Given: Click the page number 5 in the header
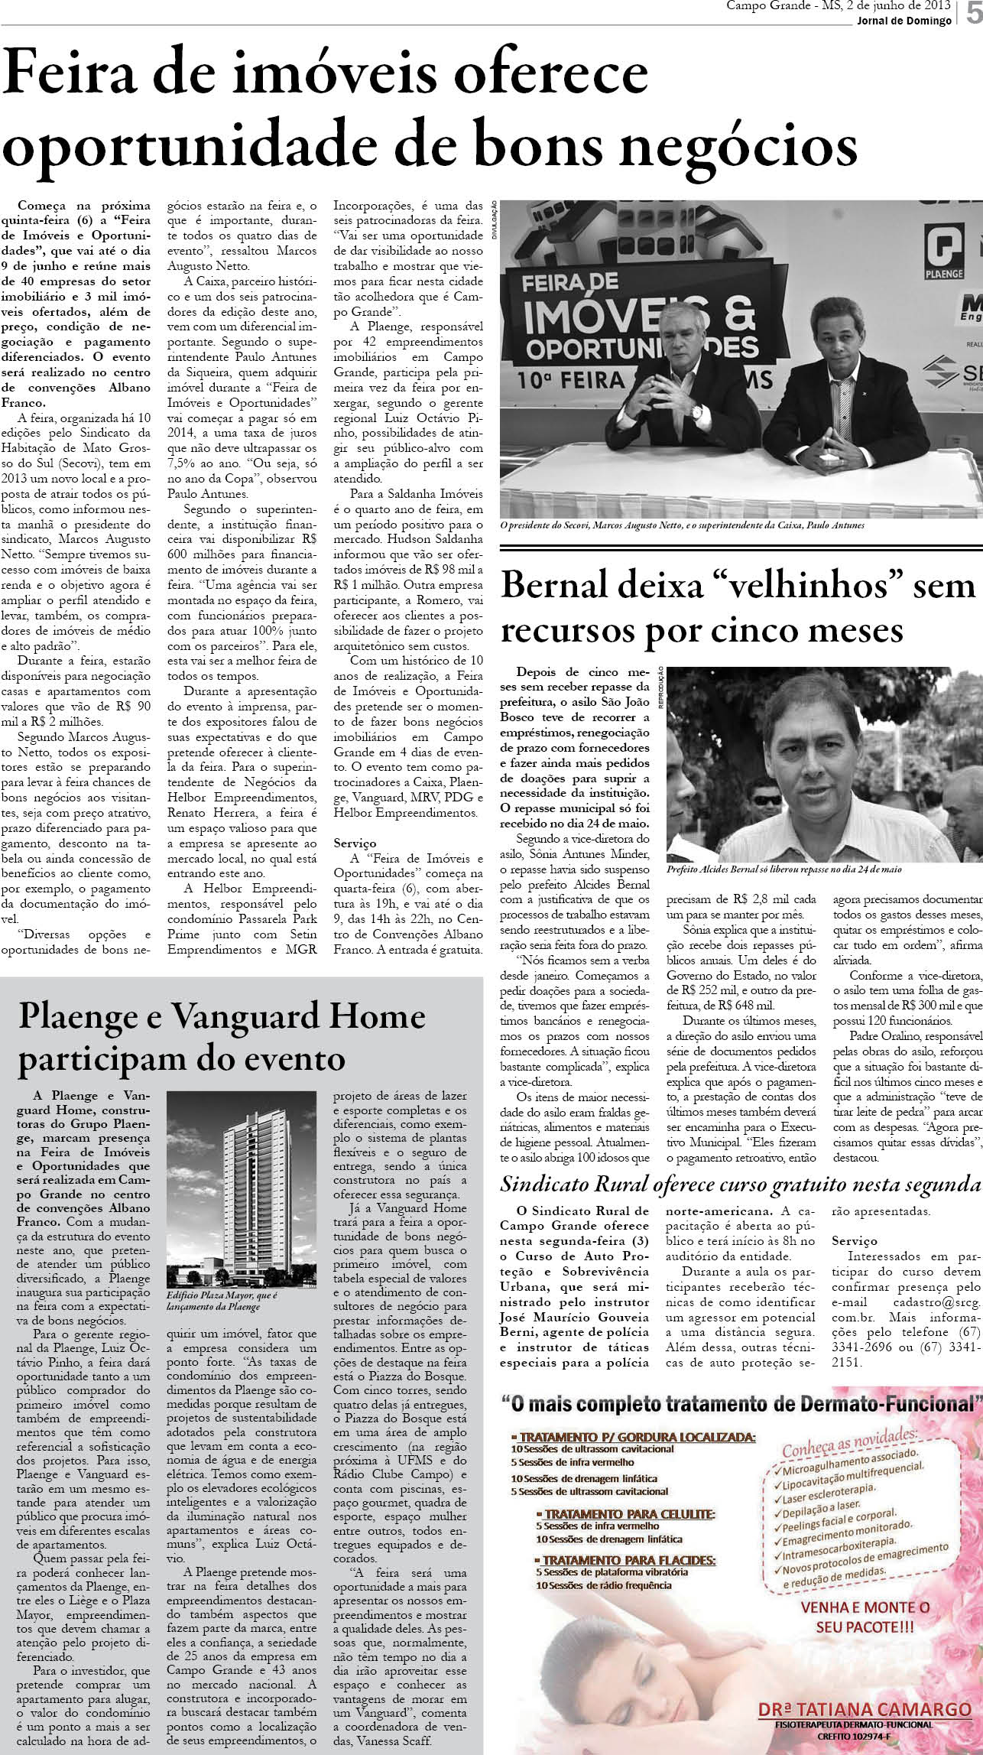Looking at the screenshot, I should pos(972,15).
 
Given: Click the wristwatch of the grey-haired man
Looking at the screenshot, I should pos(697,411).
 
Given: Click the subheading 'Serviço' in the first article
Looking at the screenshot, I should pos(355,843).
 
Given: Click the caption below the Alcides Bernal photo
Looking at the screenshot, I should pos(784,869).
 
